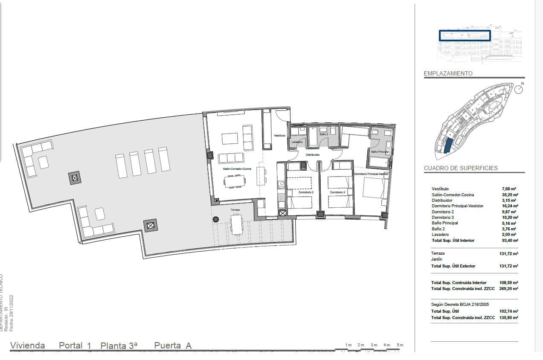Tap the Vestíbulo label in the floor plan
[x=279, y=135]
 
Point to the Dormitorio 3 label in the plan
[x=337, y=193]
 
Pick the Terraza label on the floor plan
[x=235, y=210]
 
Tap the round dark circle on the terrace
[x=216, y=219]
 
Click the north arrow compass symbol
[x=519, y=89]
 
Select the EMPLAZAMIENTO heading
[x=448, y=73]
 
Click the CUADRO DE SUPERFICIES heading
[x=461, y=168]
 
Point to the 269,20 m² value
[x=508, y=289]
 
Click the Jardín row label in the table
[x=437, y=259]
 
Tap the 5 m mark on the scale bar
[x=400, y=345]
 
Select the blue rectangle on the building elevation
[x=465, y=35]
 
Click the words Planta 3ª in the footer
[x=119, y=345]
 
